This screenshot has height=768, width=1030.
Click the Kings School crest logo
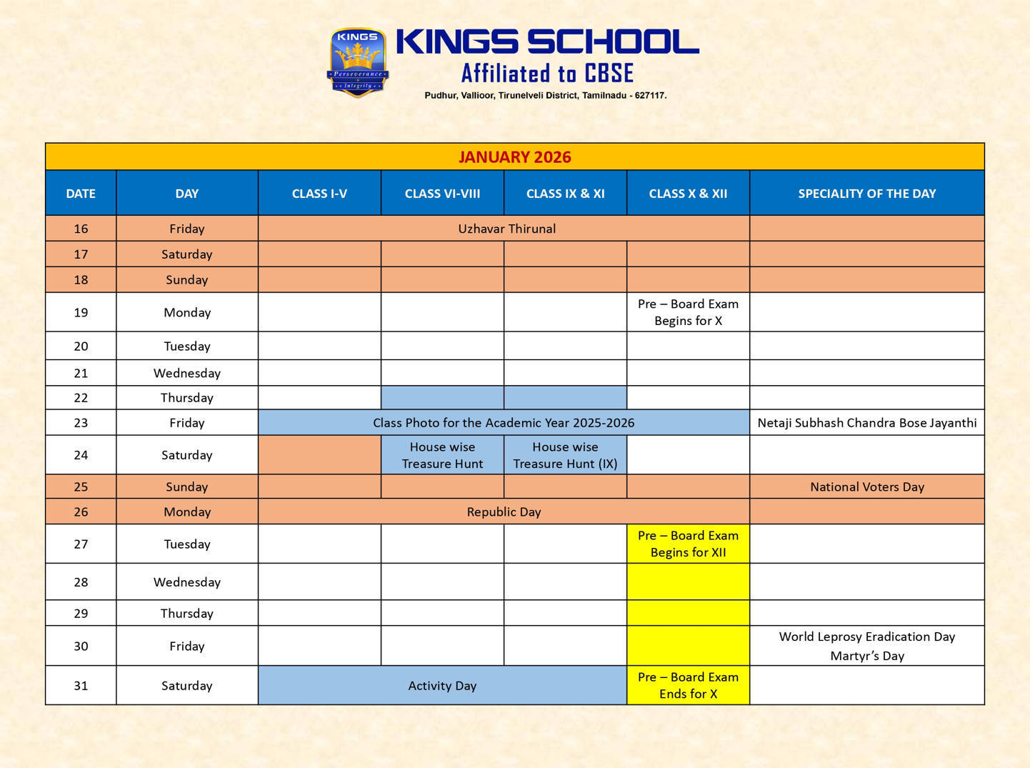[358, 63]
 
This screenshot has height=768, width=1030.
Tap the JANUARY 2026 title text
[514, 157]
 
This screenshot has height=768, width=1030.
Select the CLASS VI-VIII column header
[442, 194]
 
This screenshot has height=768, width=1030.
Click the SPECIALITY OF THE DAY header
[866, 194]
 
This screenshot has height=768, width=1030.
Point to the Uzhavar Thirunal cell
[506, 229]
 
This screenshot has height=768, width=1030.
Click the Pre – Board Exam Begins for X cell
[688, 312]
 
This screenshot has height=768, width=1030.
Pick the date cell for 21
[81, 373]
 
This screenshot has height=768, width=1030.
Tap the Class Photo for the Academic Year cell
[504, 423]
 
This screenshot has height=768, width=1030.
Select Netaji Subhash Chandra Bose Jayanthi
[866, 423]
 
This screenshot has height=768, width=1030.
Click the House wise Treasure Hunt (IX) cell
[565, 455]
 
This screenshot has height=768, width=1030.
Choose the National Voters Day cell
[866, 487]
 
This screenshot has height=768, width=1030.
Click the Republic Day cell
[504, 512]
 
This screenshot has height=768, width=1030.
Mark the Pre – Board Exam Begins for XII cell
[688, 544]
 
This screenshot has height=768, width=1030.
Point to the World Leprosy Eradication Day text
[866, 637]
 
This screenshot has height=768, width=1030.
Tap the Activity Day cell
[442, 686]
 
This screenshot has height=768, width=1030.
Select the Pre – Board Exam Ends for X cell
[688, 686]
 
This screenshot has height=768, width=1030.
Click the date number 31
[81, 686]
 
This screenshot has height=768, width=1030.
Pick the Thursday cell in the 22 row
[186, 398]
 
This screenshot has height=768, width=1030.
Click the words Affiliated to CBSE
[547, 74]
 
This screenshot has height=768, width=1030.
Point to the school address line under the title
[545, 96]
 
